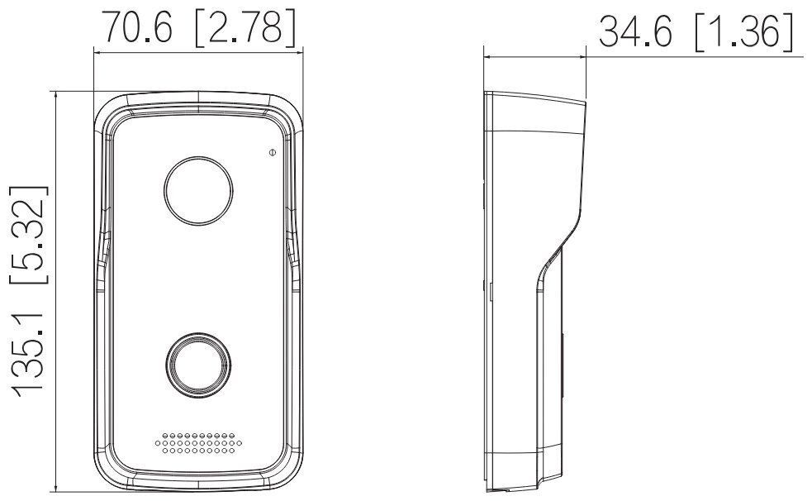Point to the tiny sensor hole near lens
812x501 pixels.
pos(271,152)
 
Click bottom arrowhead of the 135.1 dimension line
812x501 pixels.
pos(56,488)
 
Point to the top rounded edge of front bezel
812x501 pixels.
pos(198,98)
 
